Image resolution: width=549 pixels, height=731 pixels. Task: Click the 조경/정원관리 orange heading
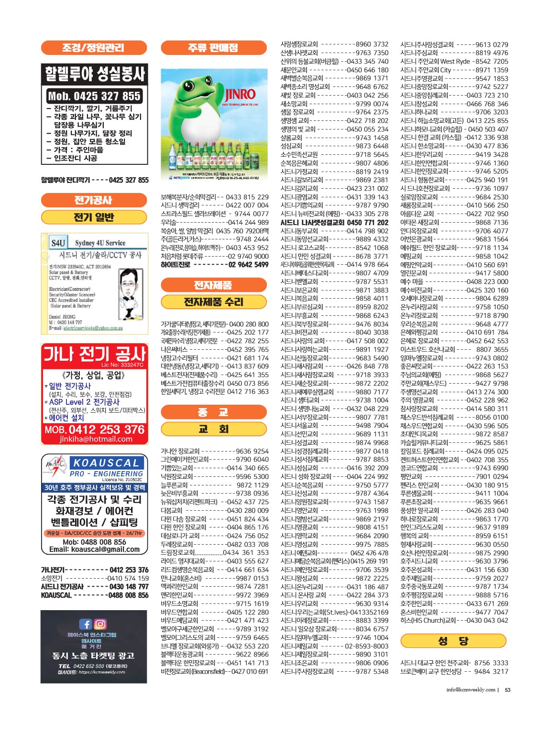point(94,48)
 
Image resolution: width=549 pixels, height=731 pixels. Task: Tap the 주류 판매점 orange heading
point(213,48)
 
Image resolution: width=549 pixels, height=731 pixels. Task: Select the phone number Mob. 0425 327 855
point(94,96)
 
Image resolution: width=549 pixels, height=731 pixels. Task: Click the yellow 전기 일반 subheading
point(94,217)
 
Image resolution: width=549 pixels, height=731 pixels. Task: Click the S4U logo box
point(58,243)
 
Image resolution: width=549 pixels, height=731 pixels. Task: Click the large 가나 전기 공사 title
point(94,354)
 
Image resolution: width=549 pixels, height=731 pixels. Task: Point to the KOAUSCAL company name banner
point(106,462)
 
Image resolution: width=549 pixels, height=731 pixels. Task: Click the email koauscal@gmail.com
point(94,549)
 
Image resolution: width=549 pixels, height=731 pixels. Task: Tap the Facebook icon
point(85,624)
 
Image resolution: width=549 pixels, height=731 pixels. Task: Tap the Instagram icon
point(100,624)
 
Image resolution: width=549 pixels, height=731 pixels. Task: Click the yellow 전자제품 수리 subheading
point(213,302)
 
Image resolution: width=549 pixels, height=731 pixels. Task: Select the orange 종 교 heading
point(213,412)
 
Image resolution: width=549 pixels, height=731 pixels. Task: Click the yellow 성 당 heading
point(453,641)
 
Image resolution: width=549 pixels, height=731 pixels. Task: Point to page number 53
point(507,689)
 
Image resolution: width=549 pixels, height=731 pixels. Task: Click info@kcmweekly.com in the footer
point(471,689)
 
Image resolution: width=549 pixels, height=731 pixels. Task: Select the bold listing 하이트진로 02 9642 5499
point(214,265)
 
